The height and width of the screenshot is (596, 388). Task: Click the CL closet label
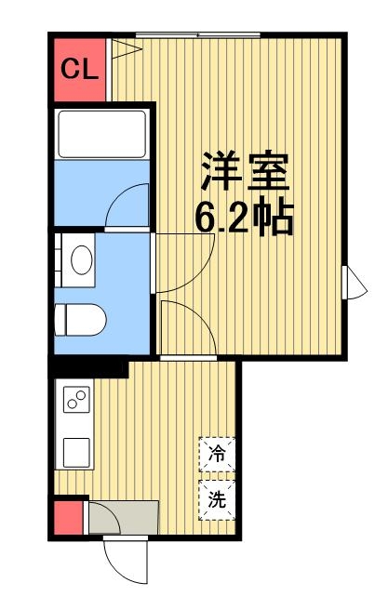[x=80, y=69]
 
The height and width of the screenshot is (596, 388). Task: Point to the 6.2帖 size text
[x=245, y=219]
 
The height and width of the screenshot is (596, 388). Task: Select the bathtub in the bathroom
[x=100, y=133]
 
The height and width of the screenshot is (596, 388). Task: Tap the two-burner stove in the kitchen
[x=75, y=401]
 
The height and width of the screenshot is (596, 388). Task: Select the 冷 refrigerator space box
[x=217, y=455]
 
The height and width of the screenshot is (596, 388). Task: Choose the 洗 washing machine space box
[x=217, y=498]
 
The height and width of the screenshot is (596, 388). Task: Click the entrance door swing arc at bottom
[x=124, y=558]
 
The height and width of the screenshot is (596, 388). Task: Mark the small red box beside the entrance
[x=68, y=517]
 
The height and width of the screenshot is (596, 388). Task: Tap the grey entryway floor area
[x=124, y=517]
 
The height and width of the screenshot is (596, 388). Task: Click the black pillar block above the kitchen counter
[x=88, y=368]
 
